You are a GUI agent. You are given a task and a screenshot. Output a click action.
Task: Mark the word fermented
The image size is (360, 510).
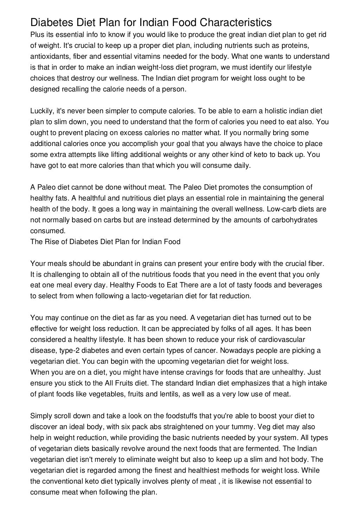pyautogui.click(x=263, y=448)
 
